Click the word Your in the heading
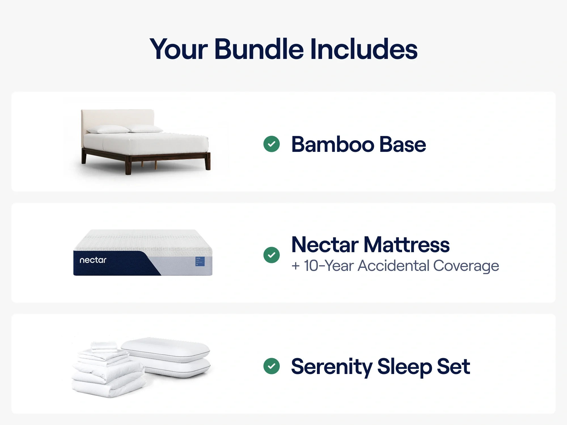pyautogui.click(x=179, y=50)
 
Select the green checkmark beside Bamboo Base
pyautogui.click(x=272, y=144)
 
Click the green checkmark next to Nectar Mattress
pyautogui.click(x=272, y=255)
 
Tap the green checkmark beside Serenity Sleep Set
pyautogui.click(x=272, y=366)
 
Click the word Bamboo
pyautogui.click(x=333, y=144)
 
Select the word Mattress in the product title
pyautogui.click(x=407, y=245)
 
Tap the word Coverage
pyautogui.click(x=466, y=266)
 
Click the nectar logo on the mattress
pyautogui.click(x=93, y=260)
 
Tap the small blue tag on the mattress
pyautogui.click(x=200, y=261)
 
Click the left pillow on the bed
pyautogui.click(x=108, y=129)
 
